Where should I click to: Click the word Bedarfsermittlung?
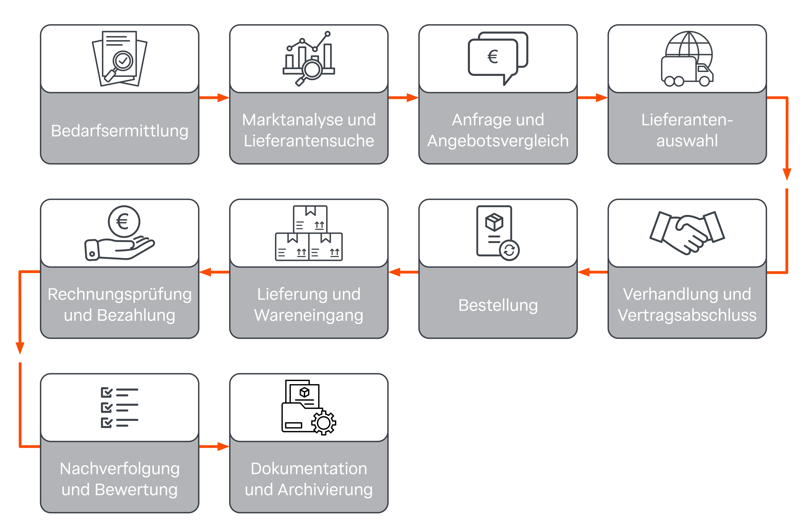(x=119, y=131)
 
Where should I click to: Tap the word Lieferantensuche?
(x=309, y=141)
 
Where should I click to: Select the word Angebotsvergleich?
(x=498, y=141)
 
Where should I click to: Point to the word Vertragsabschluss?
(x=687, y=315)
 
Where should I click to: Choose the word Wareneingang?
(x=309, y=315)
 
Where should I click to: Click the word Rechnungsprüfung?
(x=119, y=294)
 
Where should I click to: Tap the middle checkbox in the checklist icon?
(x=106, y=407)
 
